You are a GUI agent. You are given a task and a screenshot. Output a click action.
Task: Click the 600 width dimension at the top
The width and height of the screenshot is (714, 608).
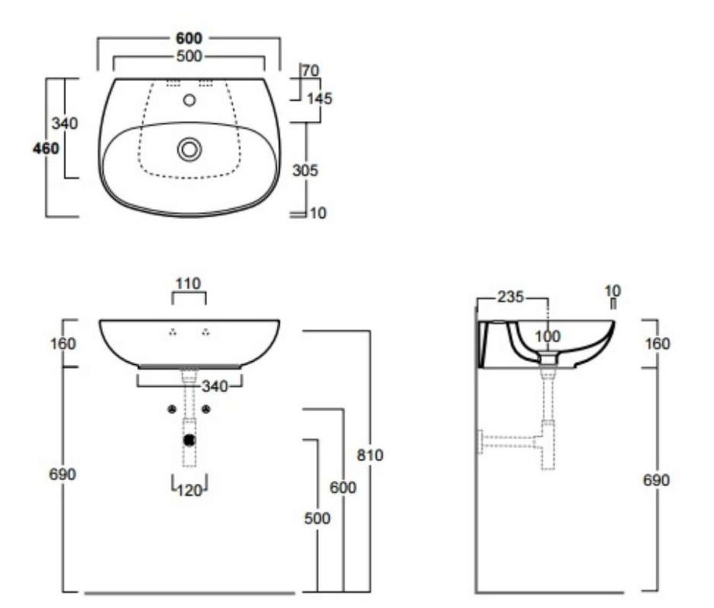189,38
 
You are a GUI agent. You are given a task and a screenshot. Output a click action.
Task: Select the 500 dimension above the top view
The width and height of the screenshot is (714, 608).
189,56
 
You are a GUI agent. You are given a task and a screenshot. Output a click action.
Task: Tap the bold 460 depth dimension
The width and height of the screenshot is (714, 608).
46,148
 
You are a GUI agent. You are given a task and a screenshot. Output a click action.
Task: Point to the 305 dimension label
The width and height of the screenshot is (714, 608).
305,170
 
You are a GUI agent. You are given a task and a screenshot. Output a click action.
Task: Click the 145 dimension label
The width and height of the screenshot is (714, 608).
319,98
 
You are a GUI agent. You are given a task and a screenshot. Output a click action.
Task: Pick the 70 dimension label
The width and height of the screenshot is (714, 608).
311,70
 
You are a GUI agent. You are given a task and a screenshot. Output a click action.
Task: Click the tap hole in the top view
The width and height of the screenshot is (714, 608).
189,100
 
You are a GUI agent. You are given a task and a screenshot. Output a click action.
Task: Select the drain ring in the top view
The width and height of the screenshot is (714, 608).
189,149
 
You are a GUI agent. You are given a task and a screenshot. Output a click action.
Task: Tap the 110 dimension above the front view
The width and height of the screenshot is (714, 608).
188,284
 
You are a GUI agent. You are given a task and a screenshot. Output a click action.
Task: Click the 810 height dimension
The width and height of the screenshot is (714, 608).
370,455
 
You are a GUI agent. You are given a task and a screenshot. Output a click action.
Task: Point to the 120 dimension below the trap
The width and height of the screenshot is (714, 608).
189,490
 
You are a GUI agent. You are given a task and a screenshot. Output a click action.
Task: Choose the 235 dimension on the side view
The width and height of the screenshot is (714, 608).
510,297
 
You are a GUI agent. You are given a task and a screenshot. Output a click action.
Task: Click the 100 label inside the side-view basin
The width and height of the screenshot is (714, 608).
547,336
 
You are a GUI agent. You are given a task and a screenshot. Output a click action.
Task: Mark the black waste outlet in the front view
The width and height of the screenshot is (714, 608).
189,440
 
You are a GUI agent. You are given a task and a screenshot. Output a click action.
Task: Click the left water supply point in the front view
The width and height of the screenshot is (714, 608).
172,410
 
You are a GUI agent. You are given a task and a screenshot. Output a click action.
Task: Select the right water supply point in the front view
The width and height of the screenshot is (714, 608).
206,410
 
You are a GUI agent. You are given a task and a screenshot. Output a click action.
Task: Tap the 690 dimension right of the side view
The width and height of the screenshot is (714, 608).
656,480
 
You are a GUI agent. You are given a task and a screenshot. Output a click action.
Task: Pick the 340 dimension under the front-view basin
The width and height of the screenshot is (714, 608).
215,387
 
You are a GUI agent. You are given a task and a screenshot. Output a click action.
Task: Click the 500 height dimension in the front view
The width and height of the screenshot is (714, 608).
317,518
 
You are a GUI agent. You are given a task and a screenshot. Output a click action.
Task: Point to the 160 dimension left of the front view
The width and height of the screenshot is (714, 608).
63,343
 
